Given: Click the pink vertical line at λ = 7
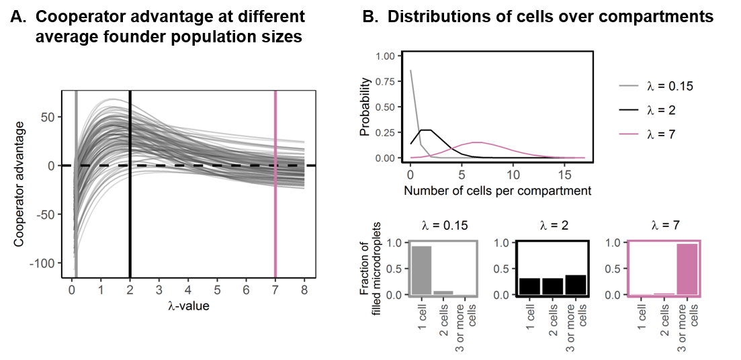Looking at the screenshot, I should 275,201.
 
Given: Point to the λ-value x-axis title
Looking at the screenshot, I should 188,306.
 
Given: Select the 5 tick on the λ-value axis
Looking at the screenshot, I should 217,290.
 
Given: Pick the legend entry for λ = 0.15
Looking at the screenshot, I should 655,86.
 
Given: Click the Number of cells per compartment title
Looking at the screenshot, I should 497,191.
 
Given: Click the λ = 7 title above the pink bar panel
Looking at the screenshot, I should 664,226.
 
